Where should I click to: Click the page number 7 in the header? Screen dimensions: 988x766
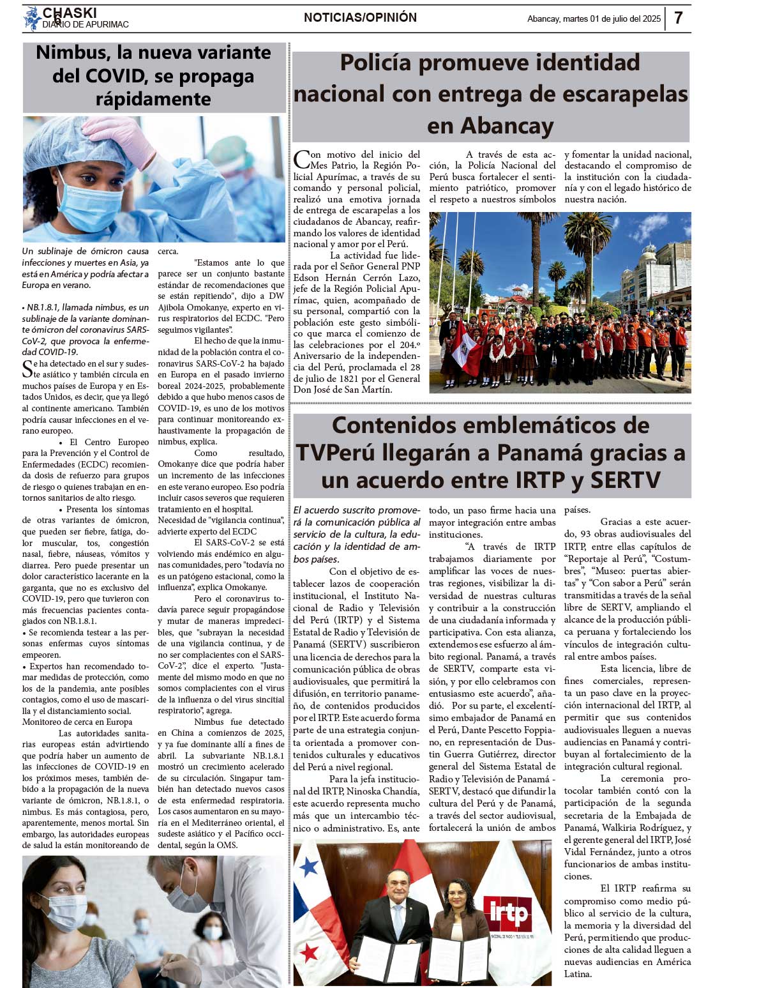click(x=678, y=18)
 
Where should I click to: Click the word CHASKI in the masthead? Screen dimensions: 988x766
click(x=70, y=12)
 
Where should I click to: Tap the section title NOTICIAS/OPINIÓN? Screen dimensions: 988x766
click(x=360, y=18)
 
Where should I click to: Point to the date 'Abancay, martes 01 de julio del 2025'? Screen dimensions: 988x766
click(x=594, y=19)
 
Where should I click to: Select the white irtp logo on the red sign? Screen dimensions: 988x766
click(x=509, y=914)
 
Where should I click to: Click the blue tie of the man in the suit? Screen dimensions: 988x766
click(x=398, y=917)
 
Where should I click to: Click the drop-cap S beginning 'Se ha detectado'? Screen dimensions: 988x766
click(x=27, y=369)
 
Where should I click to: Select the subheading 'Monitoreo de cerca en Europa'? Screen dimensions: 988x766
click(x=77, y=722)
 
